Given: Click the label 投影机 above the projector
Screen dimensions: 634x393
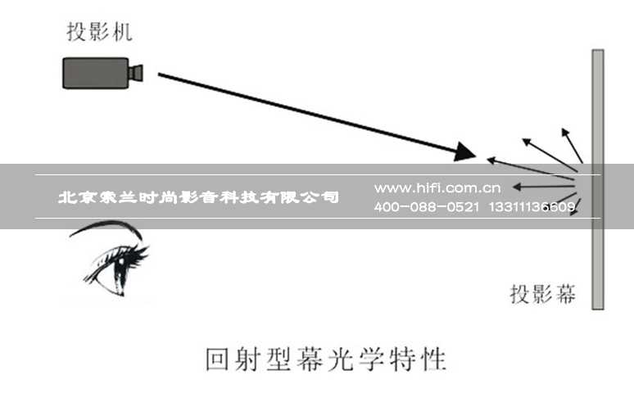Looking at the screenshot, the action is pyautogui.click(x=99, y=32).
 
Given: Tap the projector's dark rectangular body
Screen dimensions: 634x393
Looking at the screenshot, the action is pyautogui.click(x=95, y=73).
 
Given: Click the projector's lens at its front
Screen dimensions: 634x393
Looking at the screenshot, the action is pyautogui.click(x=136, y=73).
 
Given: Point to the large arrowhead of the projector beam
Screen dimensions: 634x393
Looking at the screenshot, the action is pyautogui.click(x=464, y=152).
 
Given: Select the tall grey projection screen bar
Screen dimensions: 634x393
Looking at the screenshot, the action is pyautogui.click(x=598, y=179).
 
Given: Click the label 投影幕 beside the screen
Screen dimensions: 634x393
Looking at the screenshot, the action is pyautogui.click(x=542, y=294).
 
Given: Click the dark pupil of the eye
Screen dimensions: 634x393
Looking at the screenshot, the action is pyautogui.click(x=120, y=263).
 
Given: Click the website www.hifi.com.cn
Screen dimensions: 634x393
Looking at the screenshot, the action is pyautogui.click(x=437, y=188).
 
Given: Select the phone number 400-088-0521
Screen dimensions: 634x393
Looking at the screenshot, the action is pyautogui.click(x=427, y=207).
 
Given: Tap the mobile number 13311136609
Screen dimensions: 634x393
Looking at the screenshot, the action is pyautogui.click(x=532, y=207).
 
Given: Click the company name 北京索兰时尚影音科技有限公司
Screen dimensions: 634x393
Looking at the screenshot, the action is pyautogui.click(x=198, y=197).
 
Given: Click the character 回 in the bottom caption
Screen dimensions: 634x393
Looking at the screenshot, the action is pyautogui.click(x=219, y=359).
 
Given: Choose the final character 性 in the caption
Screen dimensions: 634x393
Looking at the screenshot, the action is pyautogui.click(x=433, y=359).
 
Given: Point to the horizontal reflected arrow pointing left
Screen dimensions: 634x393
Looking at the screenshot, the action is pyautogui.click(x=543, y=187).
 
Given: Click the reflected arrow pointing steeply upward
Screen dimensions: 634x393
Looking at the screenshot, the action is pyautogui.click(x=572, y=146).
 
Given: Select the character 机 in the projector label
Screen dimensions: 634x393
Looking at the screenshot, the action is pyautogui.click(x=123, y=32).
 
